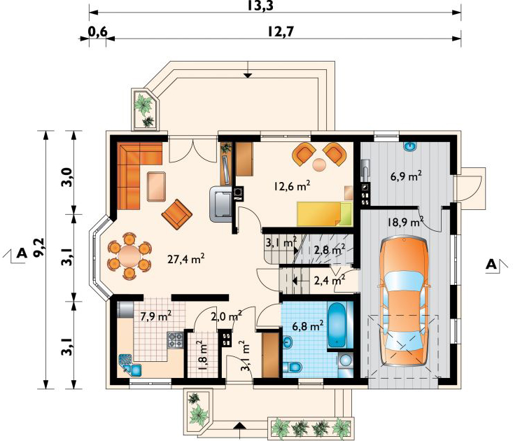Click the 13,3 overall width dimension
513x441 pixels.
260,6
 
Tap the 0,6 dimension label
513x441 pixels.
97,31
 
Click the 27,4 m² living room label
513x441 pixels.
186,259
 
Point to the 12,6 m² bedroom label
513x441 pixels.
292,185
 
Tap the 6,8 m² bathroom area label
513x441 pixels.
307,325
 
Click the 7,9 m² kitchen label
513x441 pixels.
156,316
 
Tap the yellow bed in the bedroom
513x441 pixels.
325,214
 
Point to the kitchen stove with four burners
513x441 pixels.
176,339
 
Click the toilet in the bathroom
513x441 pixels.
292,367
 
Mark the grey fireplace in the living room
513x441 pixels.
221,204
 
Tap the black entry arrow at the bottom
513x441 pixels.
240,425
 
